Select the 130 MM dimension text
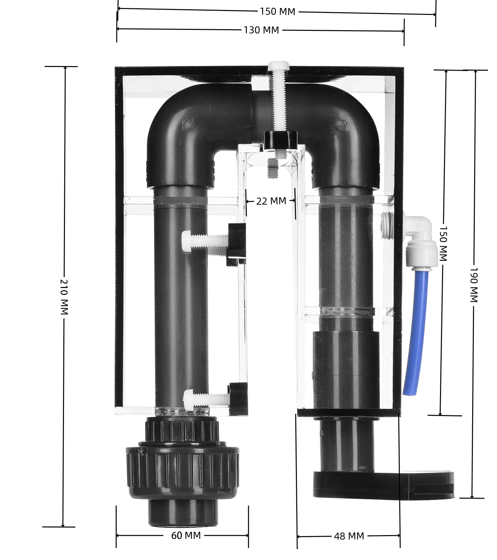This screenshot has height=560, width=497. coord(261,30)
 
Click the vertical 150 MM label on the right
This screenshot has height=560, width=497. coord(443,244)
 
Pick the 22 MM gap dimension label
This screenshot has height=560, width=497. coord(271,201)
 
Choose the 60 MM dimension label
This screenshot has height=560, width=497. coord(186,535)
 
